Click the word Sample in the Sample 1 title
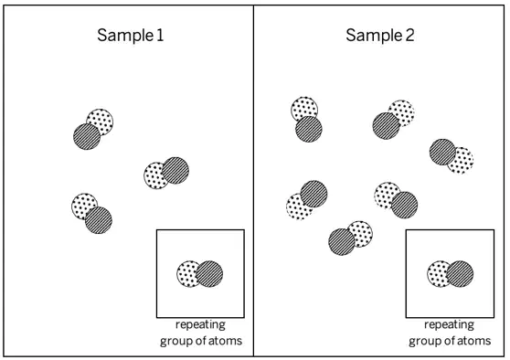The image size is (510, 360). (125, 36)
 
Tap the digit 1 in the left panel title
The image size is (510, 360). (160, 35)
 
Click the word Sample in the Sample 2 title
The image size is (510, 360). (374, 36)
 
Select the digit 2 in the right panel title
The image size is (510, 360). (409, 35)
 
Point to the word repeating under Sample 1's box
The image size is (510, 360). (200, 325)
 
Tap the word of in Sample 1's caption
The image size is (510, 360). (200, 341)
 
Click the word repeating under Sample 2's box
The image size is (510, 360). (449, 325)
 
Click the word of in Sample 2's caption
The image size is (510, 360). (449, 341)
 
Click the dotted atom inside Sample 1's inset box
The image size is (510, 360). (187, 274)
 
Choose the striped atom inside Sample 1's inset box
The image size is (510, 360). (209, 274)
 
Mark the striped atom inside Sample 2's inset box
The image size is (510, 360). (460, 274)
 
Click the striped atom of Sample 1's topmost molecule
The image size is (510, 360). (87, 136)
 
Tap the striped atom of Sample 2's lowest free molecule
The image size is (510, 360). (342, 242)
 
